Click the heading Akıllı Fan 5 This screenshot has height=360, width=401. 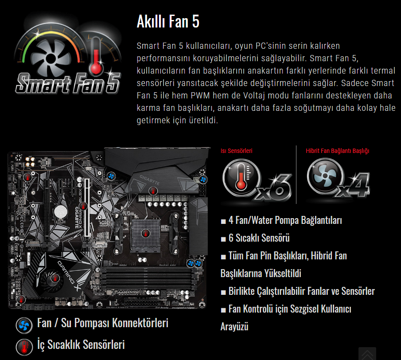[168, 21]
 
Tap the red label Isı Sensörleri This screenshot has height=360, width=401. [236, 151]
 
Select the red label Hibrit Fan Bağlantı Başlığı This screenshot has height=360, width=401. [338, 151]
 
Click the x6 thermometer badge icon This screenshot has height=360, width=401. [257, 180]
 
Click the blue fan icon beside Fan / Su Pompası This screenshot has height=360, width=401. [24, 325]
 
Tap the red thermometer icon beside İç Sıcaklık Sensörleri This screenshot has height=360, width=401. [24, 347]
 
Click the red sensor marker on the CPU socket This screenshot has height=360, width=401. [145, 233]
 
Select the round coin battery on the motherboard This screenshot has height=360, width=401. [61, 211]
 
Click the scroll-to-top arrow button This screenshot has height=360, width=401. [367, 354]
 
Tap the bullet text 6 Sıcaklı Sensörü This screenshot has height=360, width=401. [259, 238]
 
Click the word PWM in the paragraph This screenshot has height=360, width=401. [200, 95]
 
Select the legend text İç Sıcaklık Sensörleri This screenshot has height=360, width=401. [81, 344]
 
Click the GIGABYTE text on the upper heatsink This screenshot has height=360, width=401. [149, 180]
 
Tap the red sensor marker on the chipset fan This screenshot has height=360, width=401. [55, 278]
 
